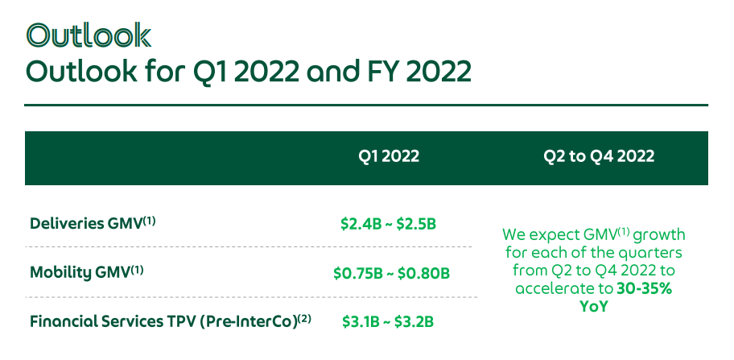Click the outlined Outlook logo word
click(89, 35)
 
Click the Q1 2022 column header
click(389, 156)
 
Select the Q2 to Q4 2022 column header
click(599, 156)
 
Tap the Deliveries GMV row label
click(93, 223)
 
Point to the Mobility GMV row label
click(87, 272)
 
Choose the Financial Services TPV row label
click(171, 321)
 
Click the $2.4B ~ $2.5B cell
click(389, 224)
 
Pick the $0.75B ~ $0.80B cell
click(391, 273)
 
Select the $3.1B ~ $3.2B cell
click(388, 321)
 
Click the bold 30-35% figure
click(644, 288)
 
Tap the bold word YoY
click(594, 307)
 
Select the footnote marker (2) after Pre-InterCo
click(304, 318)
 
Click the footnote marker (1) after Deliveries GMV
click(148, 220)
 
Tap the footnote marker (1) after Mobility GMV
click(137, 269)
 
